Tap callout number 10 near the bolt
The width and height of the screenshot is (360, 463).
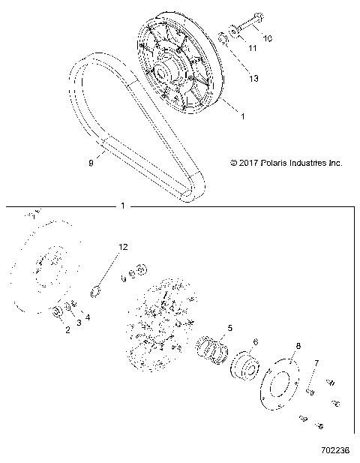[x=268, y=37]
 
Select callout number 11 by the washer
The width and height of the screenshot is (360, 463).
[x=252, y=48]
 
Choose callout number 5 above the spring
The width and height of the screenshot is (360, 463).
[x=230, y=327]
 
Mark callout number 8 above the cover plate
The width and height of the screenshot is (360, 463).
[x=298, y=346]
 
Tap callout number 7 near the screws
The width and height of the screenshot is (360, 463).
[x=316, y=362]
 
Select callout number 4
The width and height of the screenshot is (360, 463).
[x=88, y=317]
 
